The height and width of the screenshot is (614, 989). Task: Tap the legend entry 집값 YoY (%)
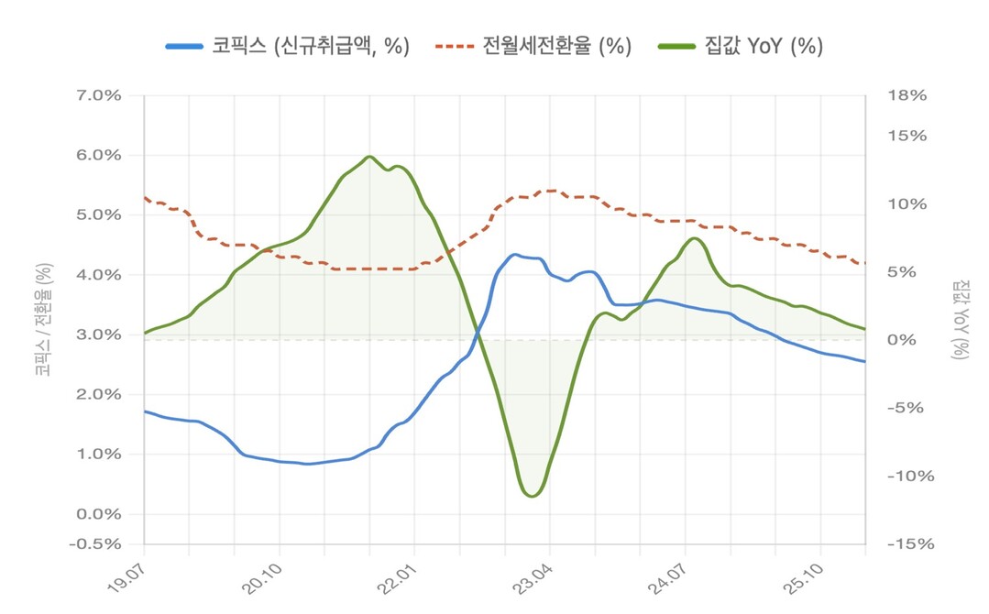(x=740, y=47)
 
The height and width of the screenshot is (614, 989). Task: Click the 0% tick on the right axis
(x=903, y=340)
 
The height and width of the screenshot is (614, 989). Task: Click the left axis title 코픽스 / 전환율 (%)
(x=43, y=319)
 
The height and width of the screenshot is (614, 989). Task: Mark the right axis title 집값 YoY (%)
(x=959, y=319)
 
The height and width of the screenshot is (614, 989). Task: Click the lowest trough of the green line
(x=532, y=496)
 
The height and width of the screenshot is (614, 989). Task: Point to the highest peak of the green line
(x=368, y=157)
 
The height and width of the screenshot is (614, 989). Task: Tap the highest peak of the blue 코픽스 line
(x=514, y=255)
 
